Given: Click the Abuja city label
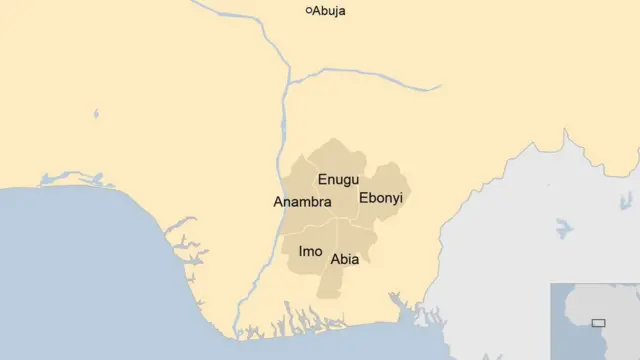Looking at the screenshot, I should click(329, 11).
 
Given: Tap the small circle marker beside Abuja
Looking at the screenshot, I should click(308, 10).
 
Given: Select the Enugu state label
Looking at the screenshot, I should click(338, 180).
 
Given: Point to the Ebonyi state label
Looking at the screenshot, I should click(380, 198).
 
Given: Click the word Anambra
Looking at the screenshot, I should click(302, 202).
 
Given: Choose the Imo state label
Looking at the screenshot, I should click(310, 252).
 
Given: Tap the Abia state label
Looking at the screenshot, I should click(344, 259).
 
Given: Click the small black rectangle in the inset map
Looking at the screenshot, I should click(598, 322).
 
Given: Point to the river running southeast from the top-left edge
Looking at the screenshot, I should click(240, 20).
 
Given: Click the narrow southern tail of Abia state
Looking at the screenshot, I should click(330, 285).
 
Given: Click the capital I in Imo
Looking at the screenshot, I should click(301, 252).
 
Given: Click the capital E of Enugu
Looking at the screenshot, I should click(322, 180).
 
